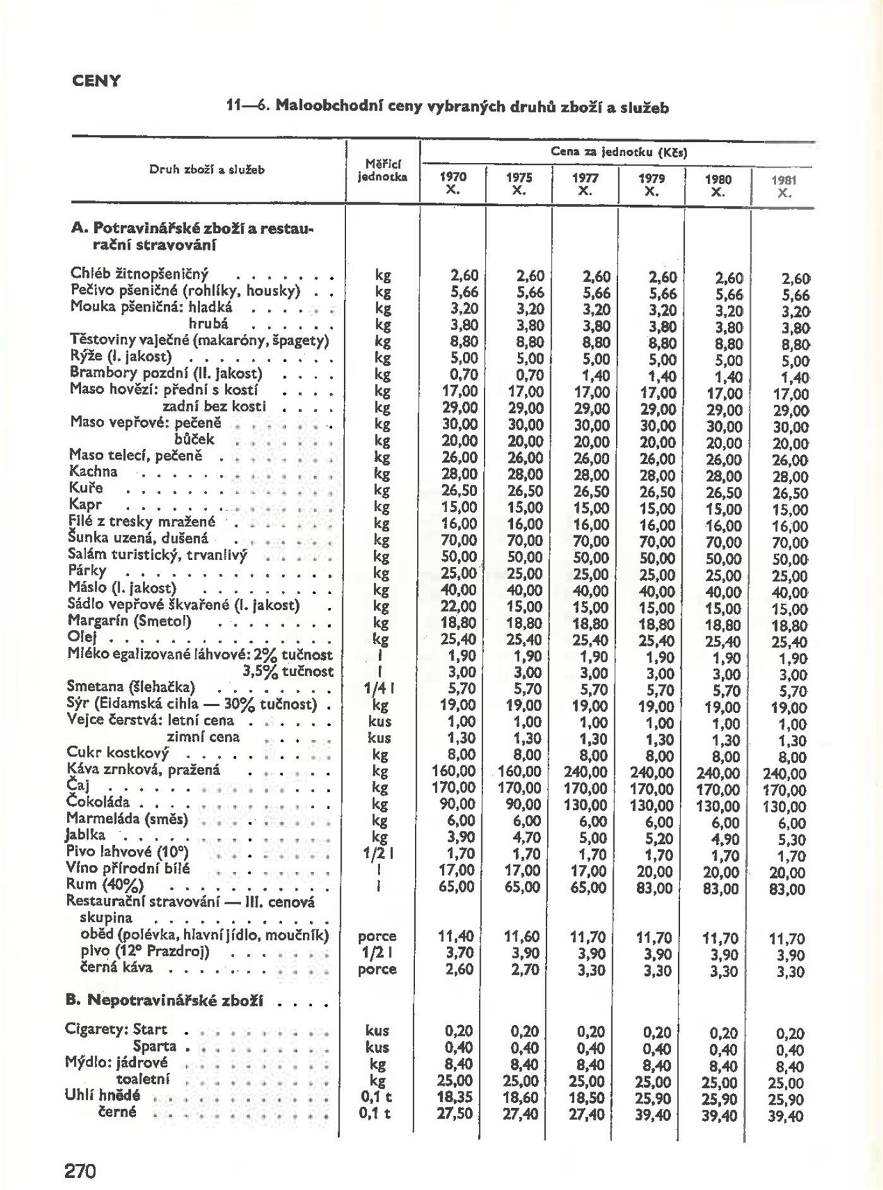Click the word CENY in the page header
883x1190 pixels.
(96, 81)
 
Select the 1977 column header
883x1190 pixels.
(585, 183)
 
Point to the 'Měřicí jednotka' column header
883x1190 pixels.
(383, 170)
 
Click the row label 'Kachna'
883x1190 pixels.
(93, 472)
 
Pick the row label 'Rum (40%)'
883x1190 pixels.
(105, 884)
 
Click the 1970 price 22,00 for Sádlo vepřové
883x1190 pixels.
(459, 606)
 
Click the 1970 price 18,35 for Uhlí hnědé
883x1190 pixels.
(455, 1097)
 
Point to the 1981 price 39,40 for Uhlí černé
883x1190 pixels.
(786, 1116)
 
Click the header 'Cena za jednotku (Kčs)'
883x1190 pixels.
(618, 152)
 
